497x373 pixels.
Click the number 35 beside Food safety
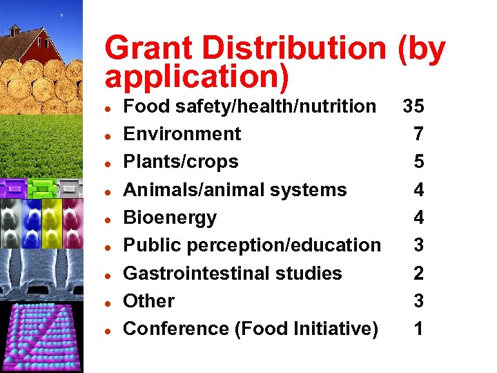[413, 106]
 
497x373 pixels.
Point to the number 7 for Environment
[418, 134]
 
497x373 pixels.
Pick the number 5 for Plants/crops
[418, 162]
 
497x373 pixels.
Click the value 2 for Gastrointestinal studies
[418, 274]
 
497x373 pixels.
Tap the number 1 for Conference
[418, 329]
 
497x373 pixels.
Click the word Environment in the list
[182, 134]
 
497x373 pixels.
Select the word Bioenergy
[170, 218]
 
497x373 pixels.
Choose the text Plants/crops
[181, 162]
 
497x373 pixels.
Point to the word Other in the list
[148, 301]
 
